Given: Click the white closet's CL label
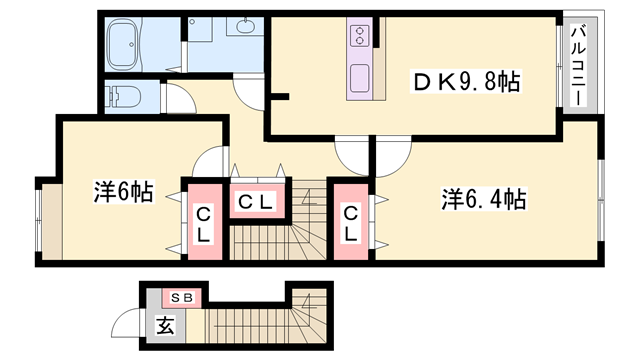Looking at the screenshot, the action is (x=256, y=202).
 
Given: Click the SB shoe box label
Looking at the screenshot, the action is (x=182, y=296).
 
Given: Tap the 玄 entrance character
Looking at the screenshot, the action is (x=163, y=325).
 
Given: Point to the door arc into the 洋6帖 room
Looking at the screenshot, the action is (x=213, y=161).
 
